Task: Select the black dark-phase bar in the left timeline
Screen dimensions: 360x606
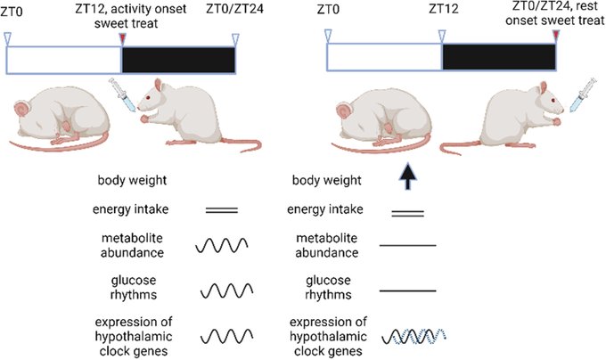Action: pyautogui.click(x=178, y=60)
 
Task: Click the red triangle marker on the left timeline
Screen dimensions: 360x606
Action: pyautogui.click(x=122, y=38)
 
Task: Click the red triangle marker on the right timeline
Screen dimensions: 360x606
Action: pyautogui.click(x=557, y=35)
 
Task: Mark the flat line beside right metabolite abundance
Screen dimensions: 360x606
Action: pyautogui.click(x=408, y=244)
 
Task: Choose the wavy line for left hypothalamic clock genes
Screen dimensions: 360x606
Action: pyautogui.click(x=222, y=336)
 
